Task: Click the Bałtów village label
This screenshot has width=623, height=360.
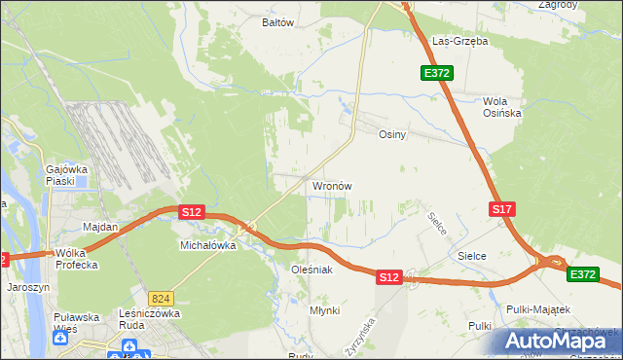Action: coord(278,21)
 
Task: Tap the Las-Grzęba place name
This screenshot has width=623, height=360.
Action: coord(459,42)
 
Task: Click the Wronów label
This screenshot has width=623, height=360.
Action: coord(331,185)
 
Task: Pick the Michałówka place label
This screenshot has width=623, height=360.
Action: coord(208,246)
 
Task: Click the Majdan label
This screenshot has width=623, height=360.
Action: coord(100,227)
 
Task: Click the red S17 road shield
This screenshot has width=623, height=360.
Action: coord(501,209)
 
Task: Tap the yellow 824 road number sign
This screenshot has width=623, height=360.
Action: coord(162,297)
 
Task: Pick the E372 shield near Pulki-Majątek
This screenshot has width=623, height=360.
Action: coord(583,275)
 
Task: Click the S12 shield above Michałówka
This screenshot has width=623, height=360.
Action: coord(191,211)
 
